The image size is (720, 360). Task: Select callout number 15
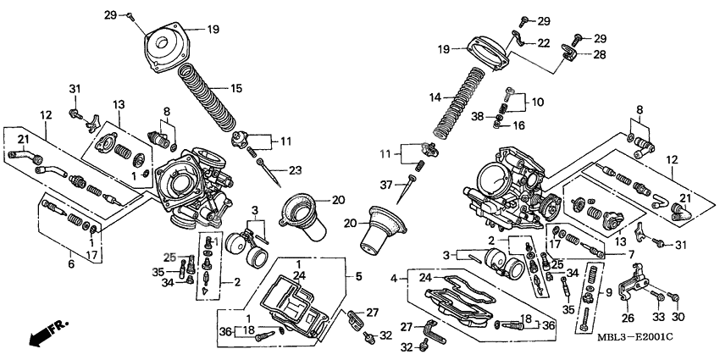(237, 87)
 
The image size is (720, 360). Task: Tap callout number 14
(435, 97)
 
